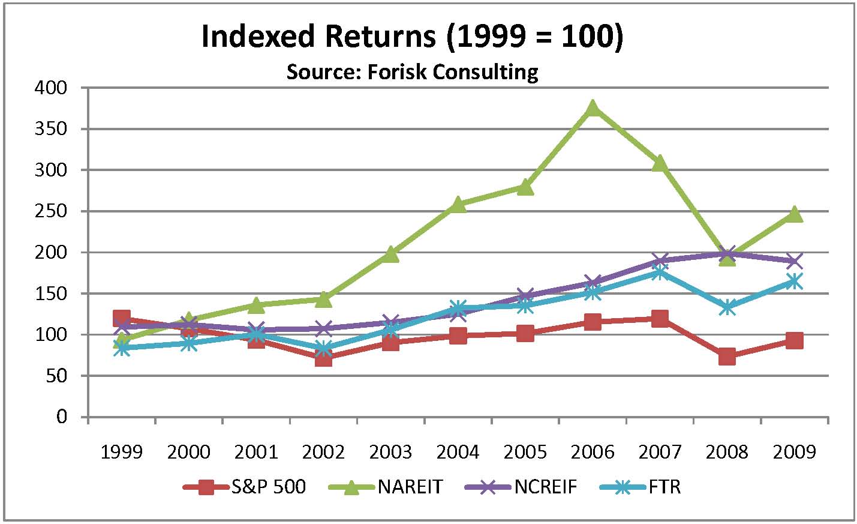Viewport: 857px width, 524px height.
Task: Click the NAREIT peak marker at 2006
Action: (x=593, y=108)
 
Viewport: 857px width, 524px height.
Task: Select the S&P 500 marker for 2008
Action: (x=727, y=357)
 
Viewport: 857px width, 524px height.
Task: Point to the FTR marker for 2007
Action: (x=660, y=273)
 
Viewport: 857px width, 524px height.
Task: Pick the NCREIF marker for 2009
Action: (x=794, y=261)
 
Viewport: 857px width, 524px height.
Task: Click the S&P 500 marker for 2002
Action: (x=323, y=358)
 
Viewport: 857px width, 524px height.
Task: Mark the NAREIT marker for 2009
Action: (x=794, y=214)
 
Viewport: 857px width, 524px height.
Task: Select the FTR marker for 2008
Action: (x=727, y=307)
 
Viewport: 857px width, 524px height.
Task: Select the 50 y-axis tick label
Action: (x=59, y=376)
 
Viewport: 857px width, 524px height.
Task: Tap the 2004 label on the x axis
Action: (x=458, y=451)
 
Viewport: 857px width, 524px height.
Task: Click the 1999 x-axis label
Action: (x=122, y=451)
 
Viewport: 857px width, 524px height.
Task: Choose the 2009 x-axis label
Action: (x=794, y=451)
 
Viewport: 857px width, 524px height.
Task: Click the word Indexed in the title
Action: (x=258, y=37)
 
